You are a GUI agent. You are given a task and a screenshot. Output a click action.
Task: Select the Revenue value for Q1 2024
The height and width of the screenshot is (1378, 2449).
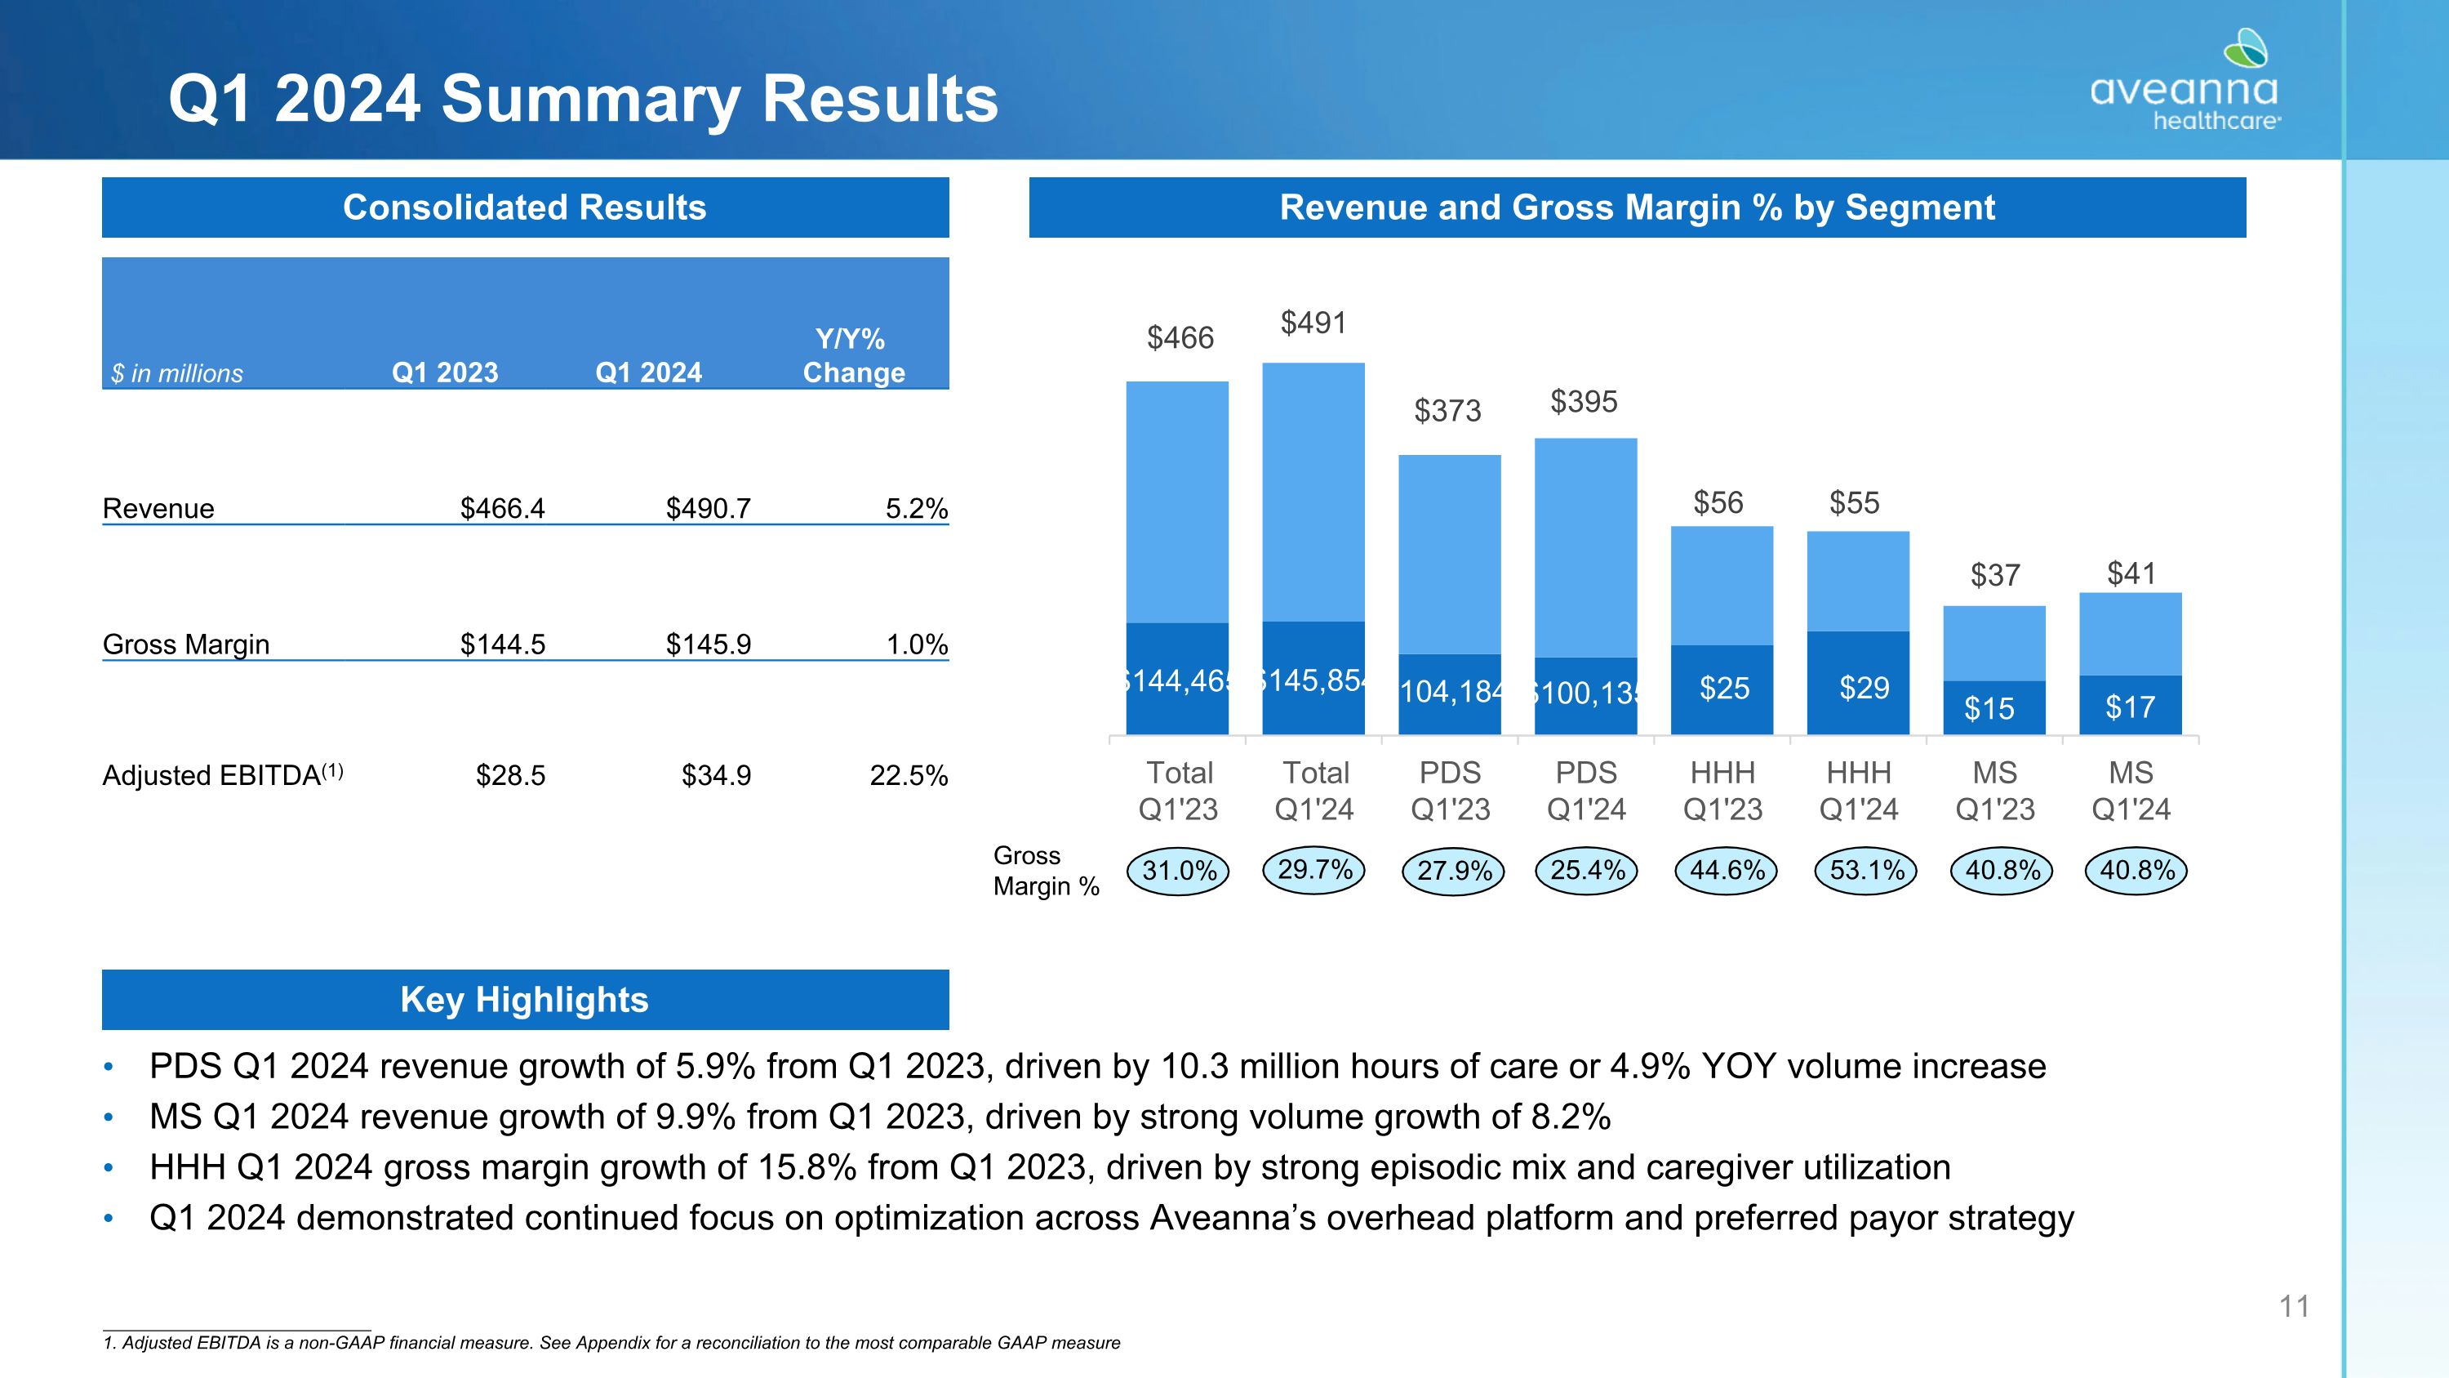(x=709, y=509)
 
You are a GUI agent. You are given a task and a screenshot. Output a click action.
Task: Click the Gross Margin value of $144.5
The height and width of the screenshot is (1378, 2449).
(x=503, y=644)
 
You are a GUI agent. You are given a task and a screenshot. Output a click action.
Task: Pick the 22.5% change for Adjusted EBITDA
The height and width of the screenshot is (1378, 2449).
(x=909, y=776)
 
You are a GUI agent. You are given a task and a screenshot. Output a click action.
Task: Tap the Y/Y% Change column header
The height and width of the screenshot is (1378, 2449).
(x=853, y=355)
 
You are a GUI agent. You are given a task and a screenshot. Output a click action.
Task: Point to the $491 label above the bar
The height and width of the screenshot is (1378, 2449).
(x=1313, y=323)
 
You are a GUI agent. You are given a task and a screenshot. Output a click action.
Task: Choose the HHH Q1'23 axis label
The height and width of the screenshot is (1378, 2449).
(x=1722, y=790)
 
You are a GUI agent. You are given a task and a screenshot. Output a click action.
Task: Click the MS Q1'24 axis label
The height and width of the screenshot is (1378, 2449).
(x=2131, y=790)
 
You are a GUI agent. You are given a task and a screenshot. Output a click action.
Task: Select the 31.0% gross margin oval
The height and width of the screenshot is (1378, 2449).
(x=1179, y=870)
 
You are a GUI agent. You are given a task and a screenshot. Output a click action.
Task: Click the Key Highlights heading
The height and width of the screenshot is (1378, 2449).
(x=525, y=1000)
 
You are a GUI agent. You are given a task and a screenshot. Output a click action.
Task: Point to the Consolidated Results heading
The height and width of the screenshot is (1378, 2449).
(x=525, y=207)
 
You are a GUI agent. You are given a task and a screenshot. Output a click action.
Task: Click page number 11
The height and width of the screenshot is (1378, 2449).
(x=2294, y=1307)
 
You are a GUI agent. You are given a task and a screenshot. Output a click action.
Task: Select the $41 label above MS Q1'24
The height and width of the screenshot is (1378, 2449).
(x=2131, y=573)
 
